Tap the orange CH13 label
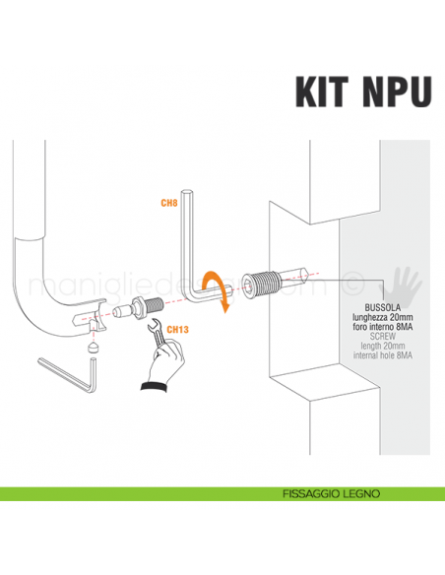pos(178,330)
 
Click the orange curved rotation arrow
pos(219,289)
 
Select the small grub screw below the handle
pos(93,348)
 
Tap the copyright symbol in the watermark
pos(350,288)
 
